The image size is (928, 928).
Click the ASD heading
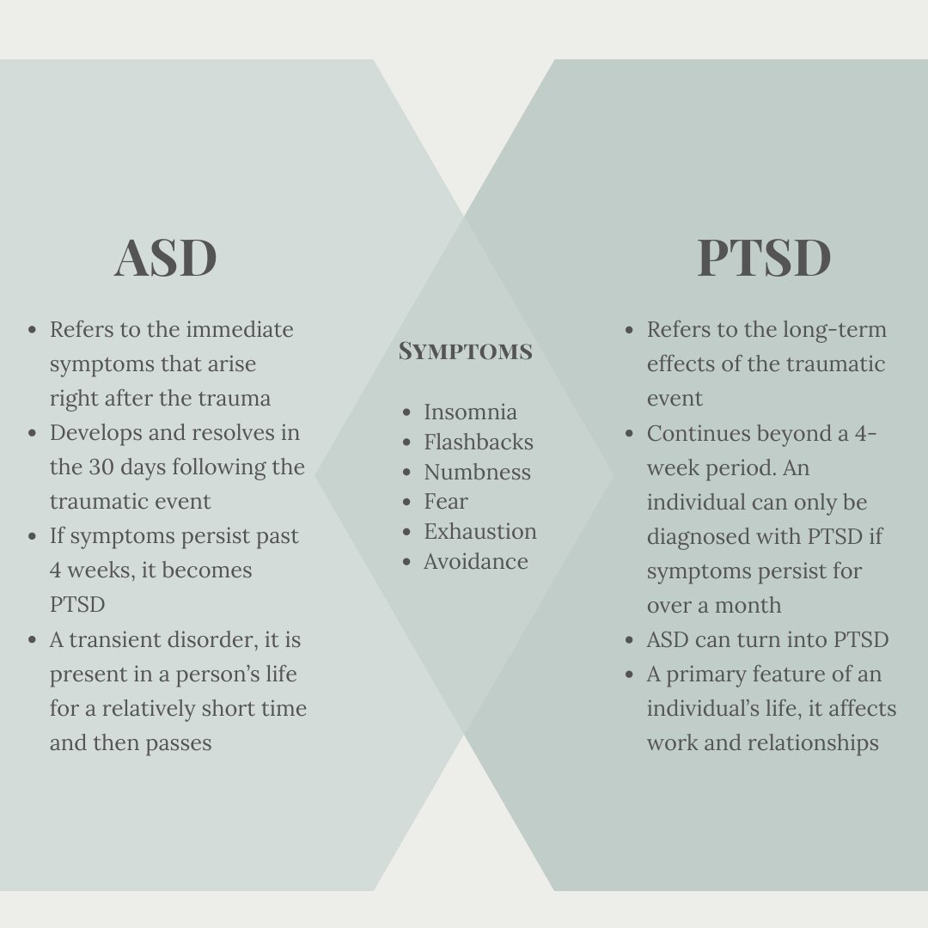[x=165, y=258]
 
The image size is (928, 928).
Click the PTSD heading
[x=764, y=258]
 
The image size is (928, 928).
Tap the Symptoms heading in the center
[x=465, y=351]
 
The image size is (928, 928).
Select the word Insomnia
[x=470, y=412]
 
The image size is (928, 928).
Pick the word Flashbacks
[x=478, y=442]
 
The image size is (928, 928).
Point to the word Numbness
[x=477, y=472]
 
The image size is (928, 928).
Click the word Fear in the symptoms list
[x=445, y=501]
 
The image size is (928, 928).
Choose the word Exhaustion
[x=479, y=531]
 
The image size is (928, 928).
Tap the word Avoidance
[x=475, y=561]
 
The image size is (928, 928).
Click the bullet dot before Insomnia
[x=406, y=412]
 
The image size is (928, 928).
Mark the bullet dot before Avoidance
[x=406, y=562]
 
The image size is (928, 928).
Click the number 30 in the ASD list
[x=101, y=467]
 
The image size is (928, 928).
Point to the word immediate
[x=240, y=329]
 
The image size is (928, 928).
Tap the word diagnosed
[x=698, y=536]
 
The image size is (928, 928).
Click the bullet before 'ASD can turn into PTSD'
[x=630, y=640]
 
